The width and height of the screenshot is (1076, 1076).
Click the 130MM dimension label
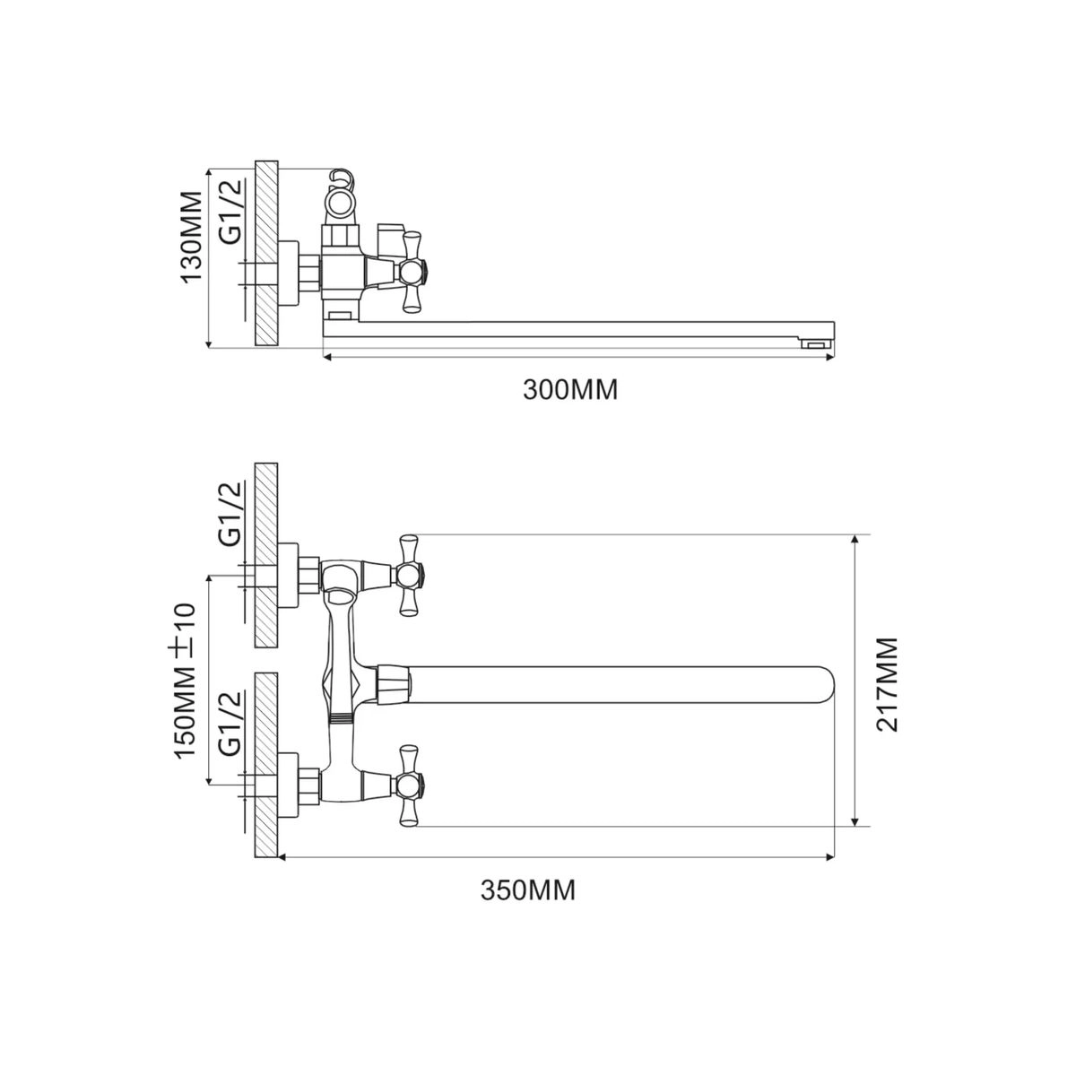pyautogui.click(x=192, y=237)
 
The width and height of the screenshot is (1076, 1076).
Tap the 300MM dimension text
pyautogui.click(x=570, y=390)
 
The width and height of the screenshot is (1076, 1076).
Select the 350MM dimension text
pyautogui.click(x=527, y=890)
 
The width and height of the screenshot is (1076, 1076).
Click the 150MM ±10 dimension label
pyautogui.click(x=186, y=680)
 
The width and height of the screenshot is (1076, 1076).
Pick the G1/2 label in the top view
pyautogui.click(x=230, y=212)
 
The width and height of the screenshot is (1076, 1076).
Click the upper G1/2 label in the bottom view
pyautogui.click(x=230, y=513)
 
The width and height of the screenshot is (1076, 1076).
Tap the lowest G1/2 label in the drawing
pyautogui.click(x=230, y=723)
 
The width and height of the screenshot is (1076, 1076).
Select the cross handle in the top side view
pyautogui.click(x=412, y=272)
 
